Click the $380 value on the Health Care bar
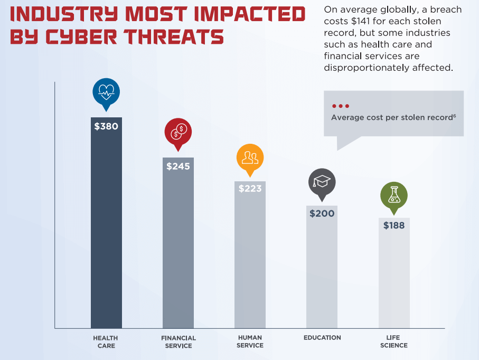[x=106, y=126]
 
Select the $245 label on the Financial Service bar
[x=178, y=166]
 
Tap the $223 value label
[x=250, y=189]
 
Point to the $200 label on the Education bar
[x=322, y=214]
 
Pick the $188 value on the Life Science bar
[x=394, y=226]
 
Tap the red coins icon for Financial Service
[x=178, y=132]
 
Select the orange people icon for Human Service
[x=250, y=156]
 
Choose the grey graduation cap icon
[x=322, y=182]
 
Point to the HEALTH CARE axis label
[x=106, y=341]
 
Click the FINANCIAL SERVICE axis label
[x=179, y=341]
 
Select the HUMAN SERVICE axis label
[x=250, y=341]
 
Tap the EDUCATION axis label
[x=322, y=338]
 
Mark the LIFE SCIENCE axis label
[x=394, y=341]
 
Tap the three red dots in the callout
[x=340, y=106]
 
